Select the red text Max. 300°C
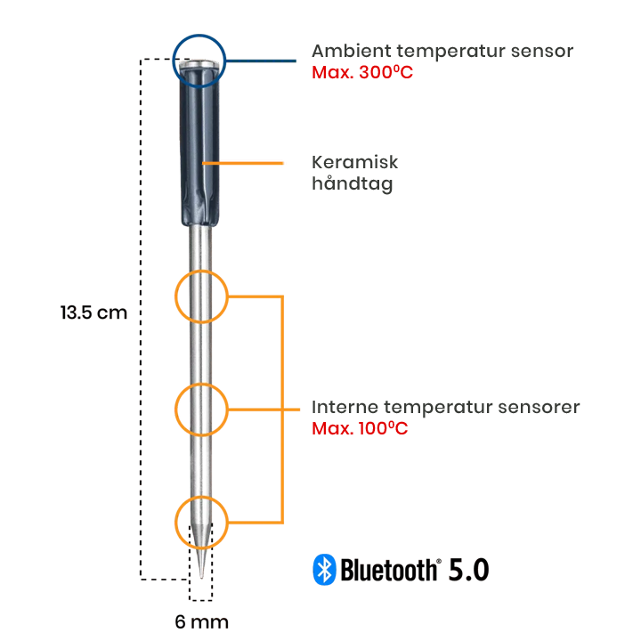click(x=362, y=72)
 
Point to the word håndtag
click(x=352, y=184)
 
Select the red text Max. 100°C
click(x=360, y=428)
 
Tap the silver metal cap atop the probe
click(x=197, y=61)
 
